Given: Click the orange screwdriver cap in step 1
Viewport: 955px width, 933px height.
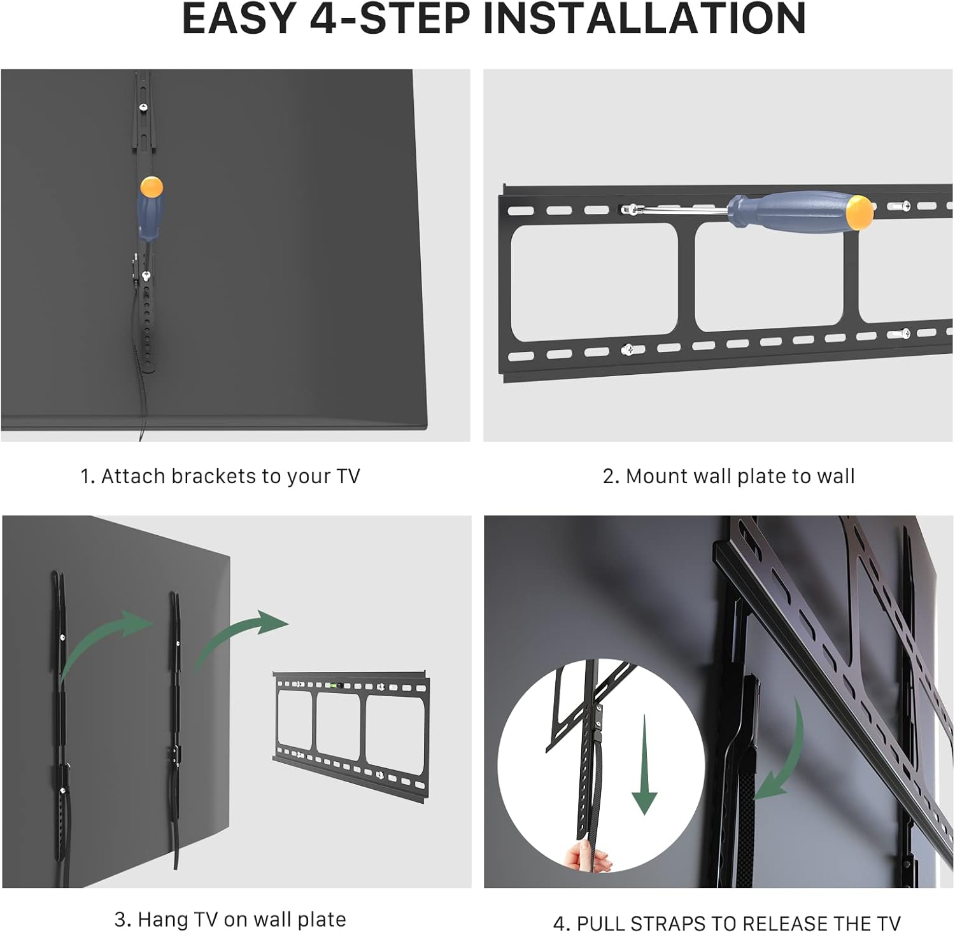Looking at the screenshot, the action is coord(152,187).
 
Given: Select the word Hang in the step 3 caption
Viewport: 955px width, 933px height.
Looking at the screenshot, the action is coord(159,920).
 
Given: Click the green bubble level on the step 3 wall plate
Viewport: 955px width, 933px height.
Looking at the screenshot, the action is coord(332,686).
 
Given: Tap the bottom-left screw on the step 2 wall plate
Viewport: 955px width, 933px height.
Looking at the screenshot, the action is coord(630,349).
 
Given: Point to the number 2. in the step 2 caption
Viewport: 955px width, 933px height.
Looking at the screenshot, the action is coord(611,476).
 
